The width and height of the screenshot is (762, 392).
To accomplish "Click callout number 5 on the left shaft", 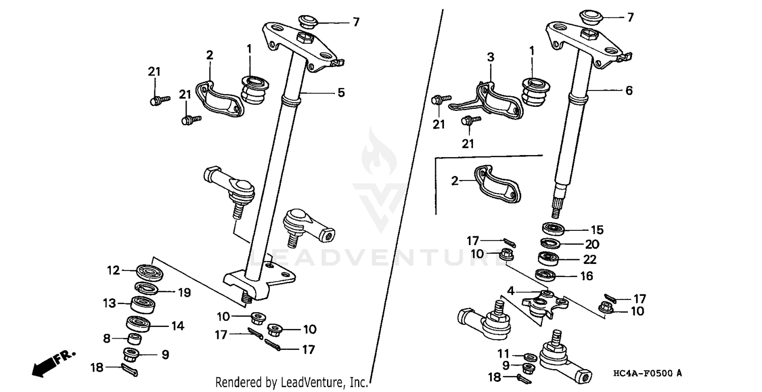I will [341, 93].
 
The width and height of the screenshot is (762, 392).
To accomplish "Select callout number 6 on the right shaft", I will [629, 91].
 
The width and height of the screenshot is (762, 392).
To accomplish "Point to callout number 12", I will [113, 270].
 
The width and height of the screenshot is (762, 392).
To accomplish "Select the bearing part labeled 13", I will [143, 305].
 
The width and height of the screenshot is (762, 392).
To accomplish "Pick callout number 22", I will [589, 259].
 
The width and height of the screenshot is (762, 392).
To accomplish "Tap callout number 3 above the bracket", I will [490, 57].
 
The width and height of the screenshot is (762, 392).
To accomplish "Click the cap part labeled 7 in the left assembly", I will [306, 21].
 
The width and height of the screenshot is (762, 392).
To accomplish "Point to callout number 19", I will [184, 292].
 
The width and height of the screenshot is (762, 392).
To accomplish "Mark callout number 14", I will [177, 325].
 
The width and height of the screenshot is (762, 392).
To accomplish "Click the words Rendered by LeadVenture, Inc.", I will [292, 382].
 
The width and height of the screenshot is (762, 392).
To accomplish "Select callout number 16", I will [587, 276].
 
